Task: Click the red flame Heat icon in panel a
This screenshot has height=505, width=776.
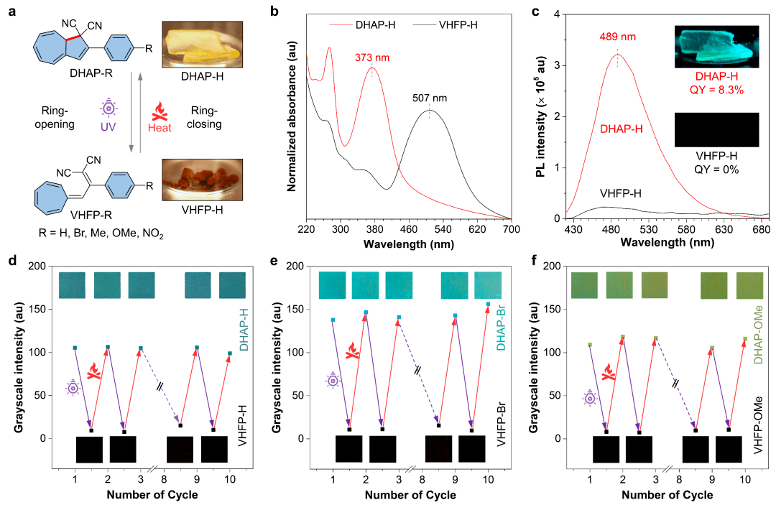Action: (159, 111)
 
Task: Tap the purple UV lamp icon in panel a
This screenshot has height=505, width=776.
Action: (109, 110)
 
